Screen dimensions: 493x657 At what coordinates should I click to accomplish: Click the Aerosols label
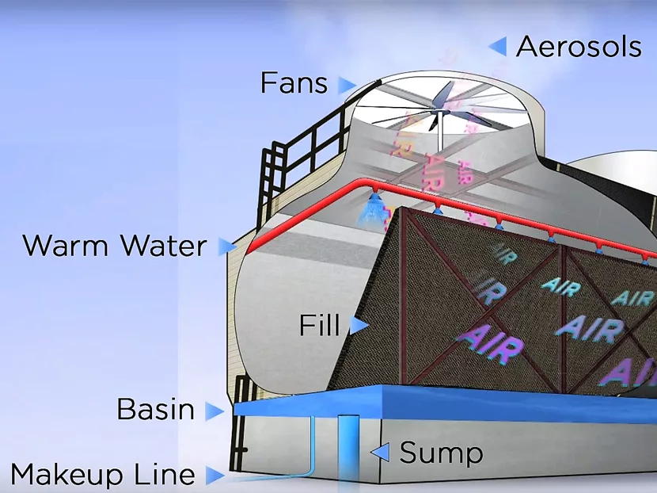579,47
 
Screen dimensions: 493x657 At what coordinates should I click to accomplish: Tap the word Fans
294,82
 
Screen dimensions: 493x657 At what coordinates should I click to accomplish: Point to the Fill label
320,325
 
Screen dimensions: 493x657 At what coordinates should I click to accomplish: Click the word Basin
156,410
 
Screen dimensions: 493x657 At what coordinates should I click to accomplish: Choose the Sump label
441,453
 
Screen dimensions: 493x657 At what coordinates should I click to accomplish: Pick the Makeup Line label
103,475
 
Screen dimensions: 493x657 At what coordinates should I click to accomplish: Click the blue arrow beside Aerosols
498,46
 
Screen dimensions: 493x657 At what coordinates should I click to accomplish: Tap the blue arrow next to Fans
347,84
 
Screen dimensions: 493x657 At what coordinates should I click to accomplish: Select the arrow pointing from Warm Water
228,246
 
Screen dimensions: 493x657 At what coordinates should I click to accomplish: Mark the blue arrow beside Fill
359,325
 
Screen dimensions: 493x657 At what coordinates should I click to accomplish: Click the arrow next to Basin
214,411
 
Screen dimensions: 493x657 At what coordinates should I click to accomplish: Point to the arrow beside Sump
381,453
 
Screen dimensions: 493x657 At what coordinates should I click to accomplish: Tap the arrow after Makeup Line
214,476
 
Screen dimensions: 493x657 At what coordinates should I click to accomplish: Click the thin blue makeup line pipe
313,444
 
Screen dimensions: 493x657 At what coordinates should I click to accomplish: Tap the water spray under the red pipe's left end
370,211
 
